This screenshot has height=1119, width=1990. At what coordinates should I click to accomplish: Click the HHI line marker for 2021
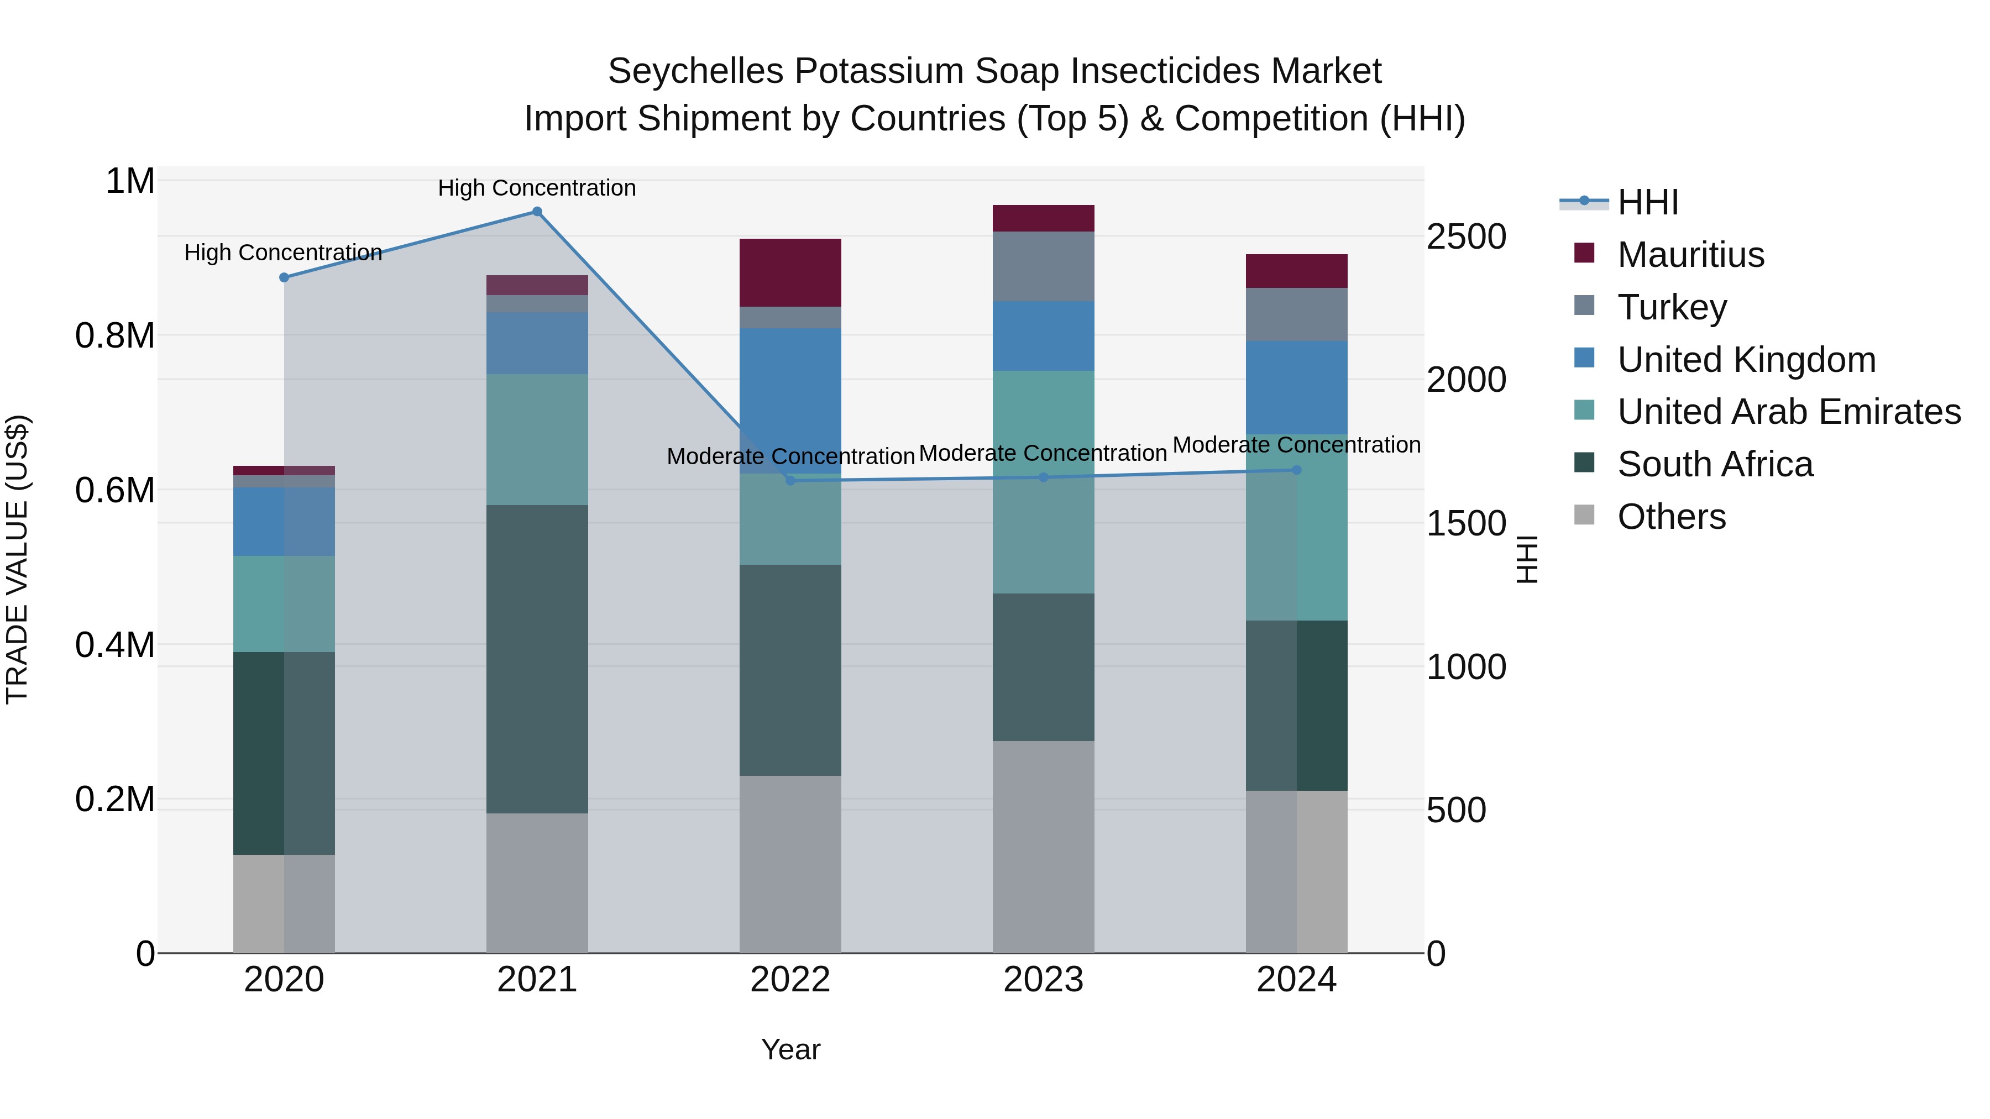click(x=537, y=212)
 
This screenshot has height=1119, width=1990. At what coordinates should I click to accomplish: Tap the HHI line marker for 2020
click(x=284, y=277)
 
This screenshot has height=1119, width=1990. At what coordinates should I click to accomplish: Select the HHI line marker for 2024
click(x=1296, y=470)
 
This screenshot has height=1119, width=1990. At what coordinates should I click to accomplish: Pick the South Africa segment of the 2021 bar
click(x=537, y=659)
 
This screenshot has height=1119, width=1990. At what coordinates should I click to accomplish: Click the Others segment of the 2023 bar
click(x=1043, y=847)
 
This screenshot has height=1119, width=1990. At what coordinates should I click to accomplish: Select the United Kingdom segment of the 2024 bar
click(x=1296, y=387)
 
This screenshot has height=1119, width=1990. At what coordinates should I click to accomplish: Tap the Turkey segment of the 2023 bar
click(x=1043, y=266)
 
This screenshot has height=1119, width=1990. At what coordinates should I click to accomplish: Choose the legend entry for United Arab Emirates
click(x=1788, y=412)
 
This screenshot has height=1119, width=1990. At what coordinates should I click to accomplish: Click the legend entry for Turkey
click(x=1672, y=307)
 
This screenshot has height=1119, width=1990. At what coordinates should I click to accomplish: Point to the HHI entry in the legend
click(x=1647, y=202)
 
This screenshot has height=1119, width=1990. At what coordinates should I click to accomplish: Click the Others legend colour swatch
click(x=1584, y=515)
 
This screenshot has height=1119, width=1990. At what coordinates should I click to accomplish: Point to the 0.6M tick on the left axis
click(x=115, y=490)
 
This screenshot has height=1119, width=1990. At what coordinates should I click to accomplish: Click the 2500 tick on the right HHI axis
click(x=1465, y=237)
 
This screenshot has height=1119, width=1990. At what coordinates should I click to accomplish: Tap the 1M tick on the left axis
click(x=130, y=181)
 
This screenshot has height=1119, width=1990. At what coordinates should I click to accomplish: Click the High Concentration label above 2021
click(x=537, y=188)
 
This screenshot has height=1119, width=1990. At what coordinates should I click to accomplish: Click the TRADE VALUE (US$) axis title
click(x=17, y=559)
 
